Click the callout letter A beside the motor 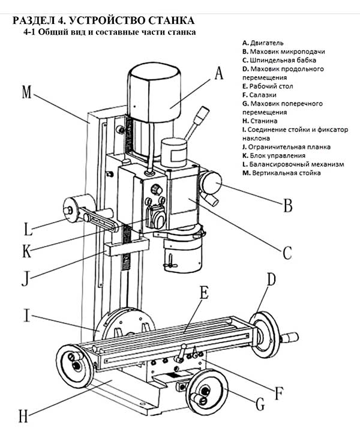pyautogui.click(x=218, y=74)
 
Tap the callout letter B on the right pyautogui.click(x=287, y=206)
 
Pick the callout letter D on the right pyautogui.click(x=271, y=280)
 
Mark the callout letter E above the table pyautogui.click(x=203, y=294)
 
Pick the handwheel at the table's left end pyautogui.click(x=74, y=363)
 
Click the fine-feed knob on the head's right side pyautogui.click(x=212, y=182)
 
